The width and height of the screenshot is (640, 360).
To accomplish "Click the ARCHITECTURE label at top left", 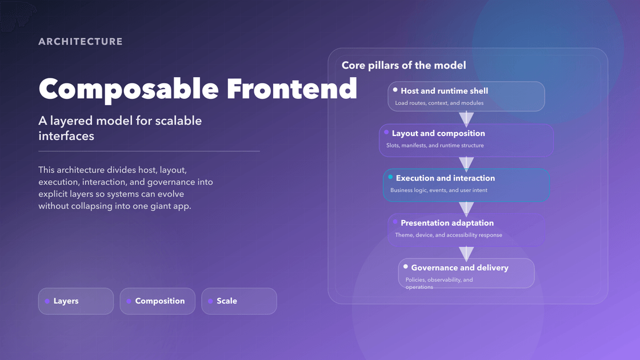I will (81, 42).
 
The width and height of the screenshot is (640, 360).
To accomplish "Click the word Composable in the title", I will (129, 89).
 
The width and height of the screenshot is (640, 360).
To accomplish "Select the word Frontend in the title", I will (291, 89).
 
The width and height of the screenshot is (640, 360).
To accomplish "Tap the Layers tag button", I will (76, 301).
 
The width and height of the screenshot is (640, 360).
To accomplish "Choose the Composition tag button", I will (158, 301).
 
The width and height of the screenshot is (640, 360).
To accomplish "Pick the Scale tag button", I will (239, 301).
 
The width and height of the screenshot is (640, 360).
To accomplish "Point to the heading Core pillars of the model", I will (403, 65).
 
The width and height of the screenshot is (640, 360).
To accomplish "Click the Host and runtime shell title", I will (444, 91).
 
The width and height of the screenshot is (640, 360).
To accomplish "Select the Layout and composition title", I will (438, 133).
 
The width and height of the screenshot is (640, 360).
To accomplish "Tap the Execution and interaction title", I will (445, 178).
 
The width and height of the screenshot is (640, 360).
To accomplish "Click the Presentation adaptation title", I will (447, 223).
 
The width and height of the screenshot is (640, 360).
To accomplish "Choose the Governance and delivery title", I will (459, 267).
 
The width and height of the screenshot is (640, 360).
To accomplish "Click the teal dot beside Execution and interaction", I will (390, 178).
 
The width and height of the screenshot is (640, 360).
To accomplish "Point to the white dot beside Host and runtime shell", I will (395, 90).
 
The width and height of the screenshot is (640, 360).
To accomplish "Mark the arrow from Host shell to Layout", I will (466, 118).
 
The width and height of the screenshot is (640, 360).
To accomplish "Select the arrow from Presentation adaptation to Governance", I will (466, 253).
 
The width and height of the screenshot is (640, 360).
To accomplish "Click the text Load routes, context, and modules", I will (439, 103).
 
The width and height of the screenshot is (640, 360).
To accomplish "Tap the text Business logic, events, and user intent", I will (439, 190).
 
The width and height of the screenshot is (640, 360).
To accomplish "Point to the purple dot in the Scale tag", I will (211, 301).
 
